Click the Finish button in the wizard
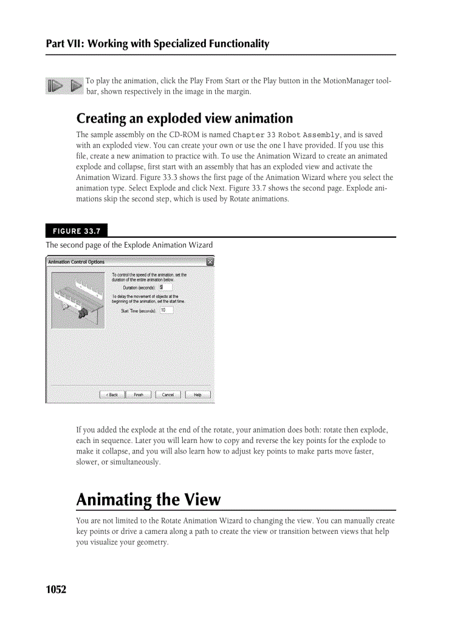click(x=139, y=395)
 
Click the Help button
click(x=198, y=395)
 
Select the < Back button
click(x=112, y=395)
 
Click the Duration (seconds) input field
click(x=166, y=287)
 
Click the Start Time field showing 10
click(x=166, y=310)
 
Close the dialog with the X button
click(x=210, y=262)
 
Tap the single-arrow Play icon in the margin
click(x=76, y=86)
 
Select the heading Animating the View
click(x=148, y=500)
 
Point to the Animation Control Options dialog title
click(x=76, y=262)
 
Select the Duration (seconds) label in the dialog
click(x=140, y=287)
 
